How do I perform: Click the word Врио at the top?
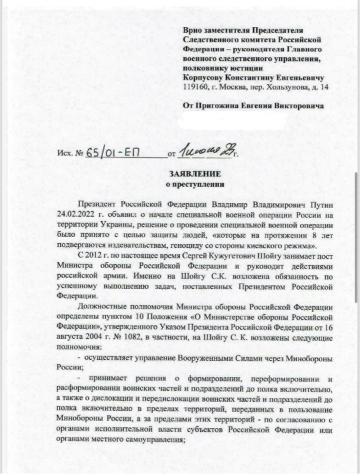click(x=192, y=30)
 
